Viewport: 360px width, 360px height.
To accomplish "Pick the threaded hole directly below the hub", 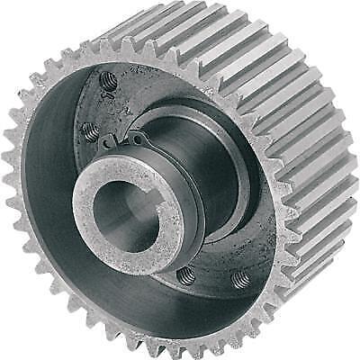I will coord(185,274).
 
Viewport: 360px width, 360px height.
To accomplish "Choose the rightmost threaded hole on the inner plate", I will coord(239,281).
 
